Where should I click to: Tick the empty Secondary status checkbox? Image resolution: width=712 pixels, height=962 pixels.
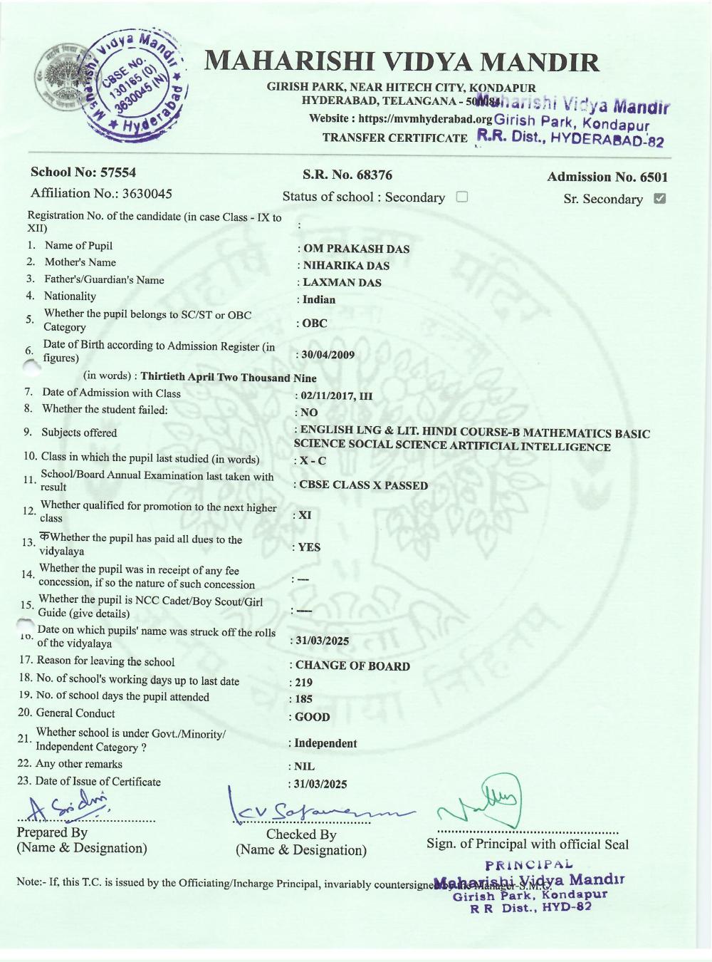[x=461, y=197]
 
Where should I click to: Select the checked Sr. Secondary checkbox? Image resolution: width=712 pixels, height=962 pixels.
[x=659, y=198]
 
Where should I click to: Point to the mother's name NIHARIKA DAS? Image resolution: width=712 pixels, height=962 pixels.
[x=346, y=266]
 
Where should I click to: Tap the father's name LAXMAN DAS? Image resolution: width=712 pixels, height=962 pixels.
[x=342, y=283]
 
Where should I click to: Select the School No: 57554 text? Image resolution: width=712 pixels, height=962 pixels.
[x=83, y=172]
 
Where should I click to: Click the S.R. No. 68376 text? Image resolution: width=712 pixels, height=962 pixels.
[x=347, y=175]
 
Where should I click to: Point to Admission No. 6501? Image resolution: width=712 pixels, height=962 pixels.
[x=607, y=177]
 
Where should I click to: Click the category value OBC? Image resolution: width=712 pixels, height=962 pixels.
[x=315, y=324]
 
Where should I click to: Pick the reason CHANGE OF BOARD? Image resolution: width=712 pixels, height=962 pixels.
[x=352, y=666]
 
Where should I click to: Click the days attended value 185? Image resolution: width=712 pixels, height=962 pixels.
[x=303, y=699]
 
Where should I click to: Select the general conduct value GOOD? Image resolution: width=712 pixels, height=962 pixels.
[x=312, y=717]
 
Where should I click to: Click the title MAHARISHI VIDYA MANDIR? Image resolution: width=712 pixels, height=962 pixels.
[x=402, y=63]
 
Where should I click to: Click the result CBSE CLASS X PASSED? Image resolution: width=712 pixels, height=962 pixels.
[x=363, y=485]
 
